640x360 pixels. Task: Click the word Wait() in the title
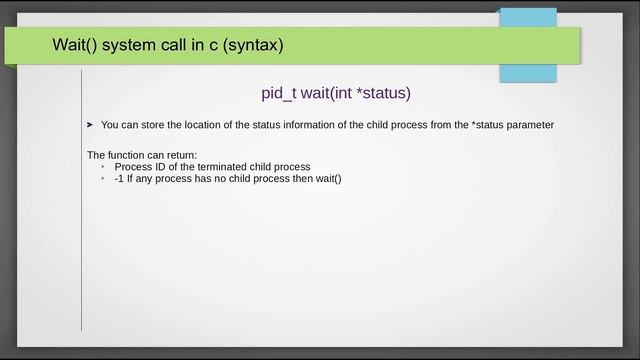74,46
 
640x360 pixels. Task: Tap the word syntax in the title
254,46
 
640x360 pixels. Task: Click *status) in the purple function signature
383,93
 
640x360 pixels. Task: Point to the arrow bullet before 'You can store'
90,125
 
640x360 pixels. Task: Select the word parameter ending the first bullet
531,125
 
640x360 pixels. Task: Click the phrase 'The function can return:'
142,154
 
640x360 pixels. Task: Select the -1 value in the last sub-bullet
119,178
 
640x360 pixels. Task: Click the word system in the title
133,46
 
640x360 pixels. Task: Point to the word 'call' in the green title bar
180,46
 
